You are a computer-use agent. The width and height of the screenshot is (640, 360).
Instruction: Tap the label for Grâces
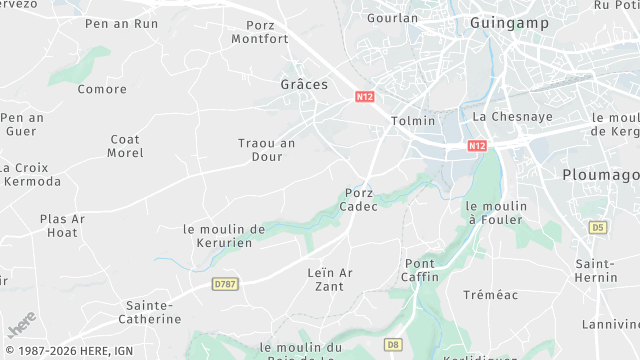[304, 84]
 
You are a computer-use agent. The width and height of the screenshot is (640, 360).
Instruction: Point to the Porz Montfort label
[260, 32]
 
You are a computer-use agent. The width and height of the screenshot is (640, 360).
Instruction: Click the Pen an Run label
[122, 23]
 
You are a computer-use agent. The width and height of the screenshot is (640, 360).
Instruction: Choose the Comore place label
[102, 89]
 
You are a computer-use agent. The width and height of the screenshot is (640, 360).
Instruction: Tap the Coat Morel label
[125, 146]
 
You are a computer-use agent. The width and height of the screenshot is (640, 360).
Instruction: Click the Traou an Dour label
[267, 150]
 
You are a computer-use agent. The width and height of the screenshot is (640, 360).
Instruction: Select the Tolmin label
[414, 121]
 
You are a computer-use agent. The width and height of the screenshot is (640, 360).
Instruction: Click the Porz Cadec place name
[360, 199]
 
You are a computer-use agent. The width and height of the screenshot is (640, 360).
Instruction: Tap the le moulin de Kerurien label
[225, 236]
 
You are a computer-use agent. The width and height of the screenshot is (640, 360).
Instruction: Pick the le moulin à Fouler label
[496, 212]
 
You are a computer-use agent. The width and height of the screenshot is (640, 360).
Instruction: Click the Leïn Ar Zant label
[325, 279]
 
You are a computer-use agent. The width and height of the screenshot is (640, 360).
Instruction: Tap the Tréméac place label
[489, 295]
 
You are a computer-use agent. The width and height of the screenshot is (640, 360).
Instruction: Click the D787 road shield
[226, 284]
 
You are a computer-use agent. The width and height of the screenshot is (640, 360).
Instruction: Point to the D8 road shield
[393, 345]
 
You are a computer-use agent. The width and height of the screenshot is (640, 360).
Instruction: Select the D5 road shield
[598, 228]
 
